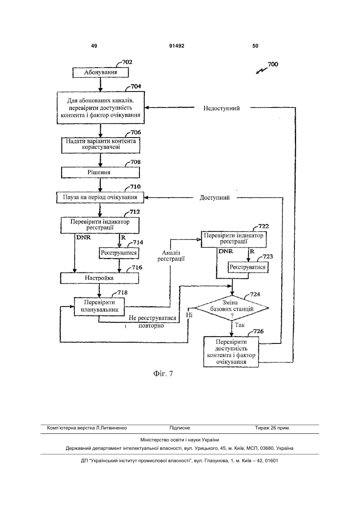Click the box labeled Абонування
click(x=100, y=72)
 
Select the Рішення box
click(x=100, y=172)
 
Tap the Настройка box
click(x=99, y=278)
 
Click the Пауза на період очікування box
click(x=100, y=197)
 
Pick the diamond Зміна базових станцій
click(x=232, y=308)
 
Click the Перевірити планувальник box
click(x=99, y=306)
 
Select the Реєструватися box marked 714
click(x=119, y=253)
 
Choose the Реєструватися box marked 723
click(x=248, y=267)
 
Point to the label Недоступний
click(x=221, y=108)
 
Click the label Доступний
click(x=215, y=198)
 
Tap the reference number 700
click(x=273, y=64)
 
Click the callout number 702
click(x=127, y=62)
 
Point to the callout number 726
click(x=259, y=331)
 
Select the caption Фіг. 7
click(x=163, y=373)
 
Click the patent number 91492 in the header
click(x=177, y=46)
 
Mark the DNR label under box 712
click(x=84, y=238)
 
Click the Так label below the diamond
click(x=240, y=325)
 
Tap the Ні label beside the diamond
click(x=189, y=315)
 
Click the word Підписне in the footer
click(x=180, y=428)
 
